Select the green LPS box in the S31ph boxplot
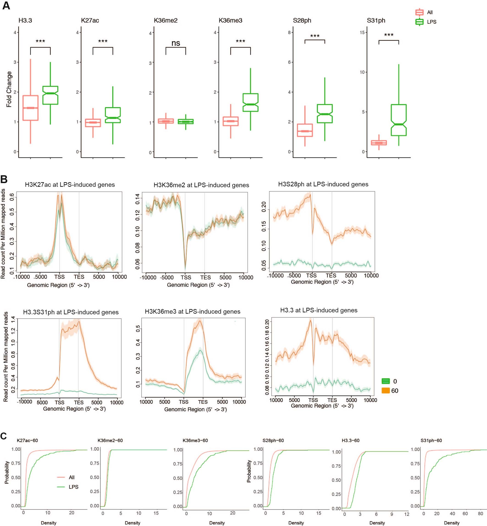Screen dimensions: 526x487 [399, 120]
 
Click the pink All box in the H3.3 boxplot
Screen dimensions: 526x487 [30, 108]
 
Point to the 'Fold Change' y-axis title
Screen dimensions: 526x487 [9, 89]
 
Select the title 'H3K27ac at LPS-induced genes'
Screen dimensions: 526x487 [70, 185]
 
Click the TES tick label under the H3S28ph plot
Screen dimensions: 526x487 [331, 276]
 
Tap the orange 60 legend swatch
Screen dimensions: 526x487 [385, 390]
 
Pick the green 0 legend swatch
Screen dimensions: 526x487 [385, 381]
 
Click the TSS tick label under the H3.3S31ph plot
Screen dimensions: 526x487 [60, 402]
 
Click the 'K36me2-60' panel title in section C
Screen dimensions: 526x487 [110, 440]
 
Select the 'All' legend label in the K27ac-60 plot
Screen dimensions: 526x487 [72, 477]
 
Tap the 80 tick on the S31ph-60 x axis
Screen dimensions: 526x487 [480, 513]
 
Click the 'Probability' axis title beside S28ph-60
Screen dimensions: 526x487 [249, 471]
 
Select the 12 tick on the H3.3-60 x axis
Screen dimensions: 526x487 [407, 514]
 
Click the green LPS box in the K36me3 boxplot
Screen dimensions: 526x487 [250, 102]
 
